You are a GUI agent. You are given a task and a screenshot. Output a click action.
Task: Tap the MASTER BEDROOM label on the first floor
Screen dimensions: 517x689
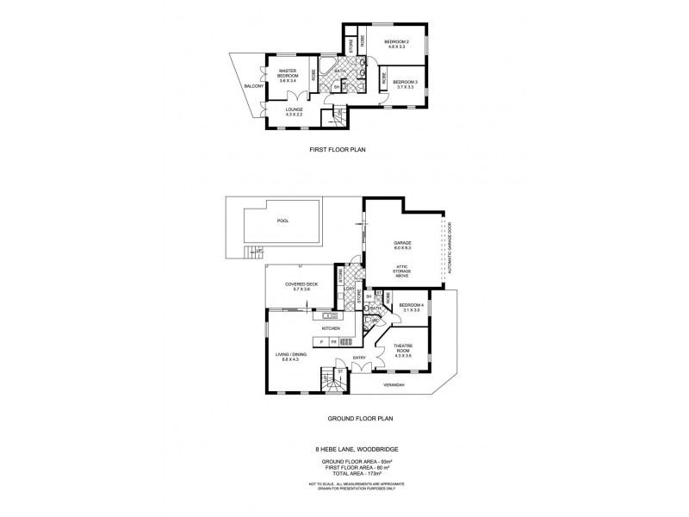pos(288,74)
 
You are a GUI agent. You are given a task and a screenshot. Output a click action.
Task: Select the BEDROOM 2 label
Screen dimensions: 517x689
pos(397,41)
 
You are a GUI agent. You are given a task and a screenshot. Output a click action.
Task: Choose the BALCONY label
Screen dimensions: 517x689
pos(253,87)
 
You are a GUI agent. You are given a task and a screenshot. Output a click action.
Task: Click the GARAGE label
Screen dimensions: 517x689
pos(402,245)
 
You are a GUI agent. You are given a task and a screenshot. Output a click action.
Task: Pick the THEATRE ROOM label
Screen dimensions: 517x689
pos(403,350)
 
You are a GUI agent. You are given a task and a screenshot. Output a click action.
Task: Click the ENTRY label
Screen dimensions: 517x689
pos(359,359)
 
